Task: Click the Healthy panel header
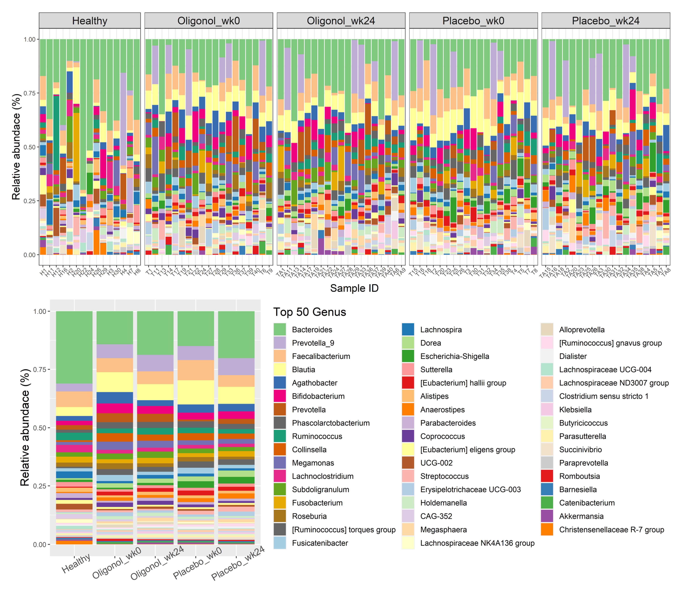pos(90,21)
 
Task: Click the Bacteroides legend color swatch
pos(279,329)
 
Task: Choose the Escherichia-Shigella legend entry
pos(454,356)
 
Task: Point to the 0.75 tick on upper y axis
pos(30,93)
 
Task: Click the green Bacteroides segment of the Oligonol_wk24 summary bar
pos(155,332)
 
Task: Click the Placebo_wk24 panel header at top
pos(605,21)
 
